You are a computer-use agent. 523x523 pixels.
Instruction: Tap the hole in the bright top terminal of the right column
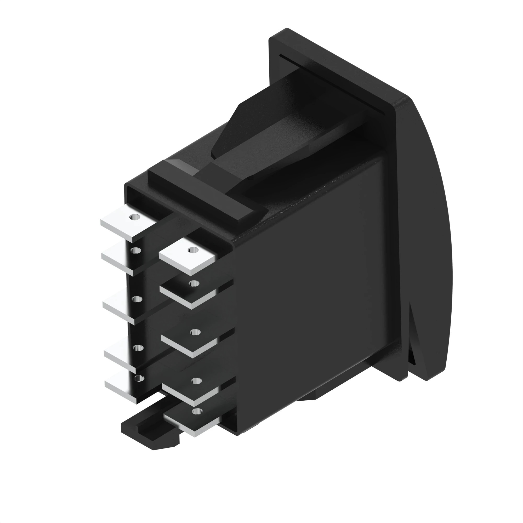[x=192, y=249]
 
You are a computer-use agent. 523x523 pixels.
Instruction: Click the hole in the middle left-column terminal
[x=137, y=299]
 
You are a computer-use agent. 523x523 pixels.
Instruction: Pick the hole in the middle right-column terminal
[x=195, y=332]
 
